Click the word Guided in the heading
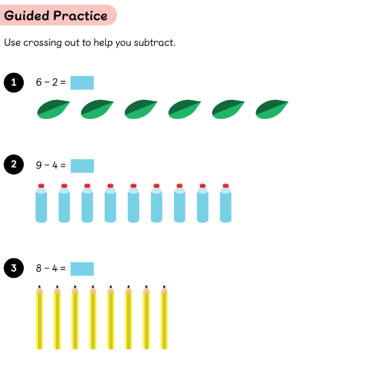27,16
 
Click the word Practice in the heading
80,16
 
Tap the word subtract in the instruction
154,43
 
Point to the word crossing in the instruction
42,43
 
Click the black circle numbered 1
14,82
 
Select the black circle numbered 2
14,165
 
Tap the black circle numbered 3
14,268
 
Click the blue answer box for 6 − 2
82,83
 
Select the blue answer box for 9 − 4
82,166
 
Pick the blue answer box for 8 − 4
82,269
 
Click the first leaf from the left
54,109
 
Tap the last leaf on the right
272,109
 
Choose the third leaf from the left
141,109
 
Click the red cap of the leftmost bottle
41,186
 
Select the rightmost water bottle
226,203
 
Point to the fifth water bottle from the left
133,203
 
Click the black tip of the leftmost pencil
39,287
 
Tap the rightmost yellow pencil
164,318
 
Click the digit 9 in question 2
39,165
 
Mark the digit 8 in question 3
39,268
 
